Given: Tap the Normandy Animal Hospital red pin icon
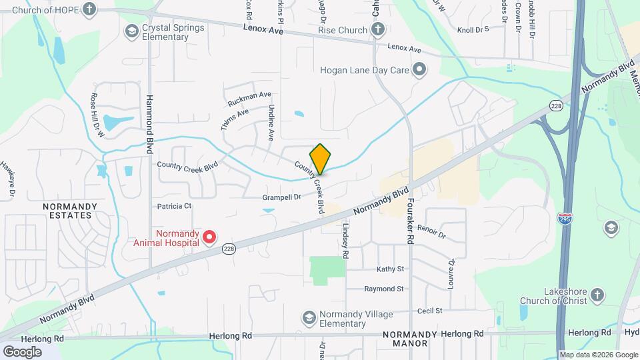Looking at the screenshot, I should tap(209, 237).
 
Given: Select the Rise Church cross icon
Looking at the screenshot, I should tap(378, 29).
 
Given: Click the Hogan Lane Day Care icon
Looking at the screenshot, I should tap(419, 69).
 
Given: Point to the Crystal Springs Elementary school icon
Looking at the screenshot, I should tap(131, 31).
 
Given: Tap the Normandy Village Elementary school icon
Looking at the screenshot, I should tap(308, 317).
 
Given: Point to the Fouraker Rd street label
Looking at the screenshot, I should tap(411, 219).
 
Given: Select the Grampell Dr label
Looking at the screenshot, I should tap(282, 197).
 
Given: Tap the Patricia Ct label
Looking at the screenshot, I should tap(174, 206).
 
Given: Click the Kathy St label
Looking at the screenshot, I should tap(391, 269).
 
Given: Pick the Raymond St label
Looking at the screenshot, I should tap(384, 289).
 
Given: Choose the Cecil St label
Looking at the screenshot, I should tap(429, 311).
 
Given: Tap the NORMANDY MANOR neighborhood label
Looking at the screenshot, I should tap(409, 339).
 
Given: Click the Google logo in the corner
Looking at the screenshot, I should tap(22, 351).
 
